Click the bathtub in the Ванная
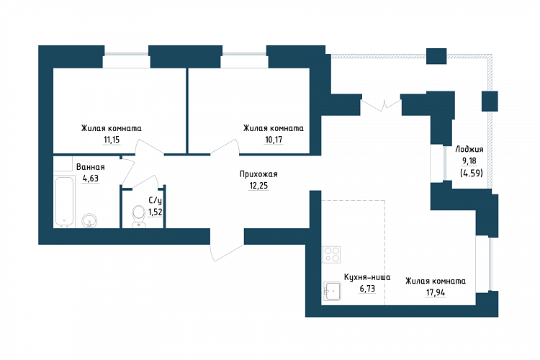coord(64,202)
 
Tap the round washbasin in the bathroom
coord(89,220)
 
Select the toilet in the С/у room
coord(139,217)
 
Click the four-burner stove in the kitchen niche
coord(332,254)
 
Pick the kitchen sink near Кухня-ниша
coord(332,292)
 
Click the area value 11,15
coord(112,140)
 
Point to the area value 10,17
coord(274,140)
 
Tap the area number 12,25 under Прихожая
coord(258,186)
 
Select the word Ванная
coord(90,167)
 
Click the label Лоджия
coord(469,150)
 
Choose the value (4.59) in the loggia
coord(472,173)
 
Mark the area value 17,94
coord(436,293)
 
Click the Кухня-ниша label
coord(367,277)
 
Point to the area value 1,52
coord(156,212)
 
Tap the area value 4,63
coord(90,179)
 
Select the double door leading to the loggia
coord(381,104)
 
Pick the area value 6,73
coord(367,289)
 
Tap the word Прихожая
coord(258,174)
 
